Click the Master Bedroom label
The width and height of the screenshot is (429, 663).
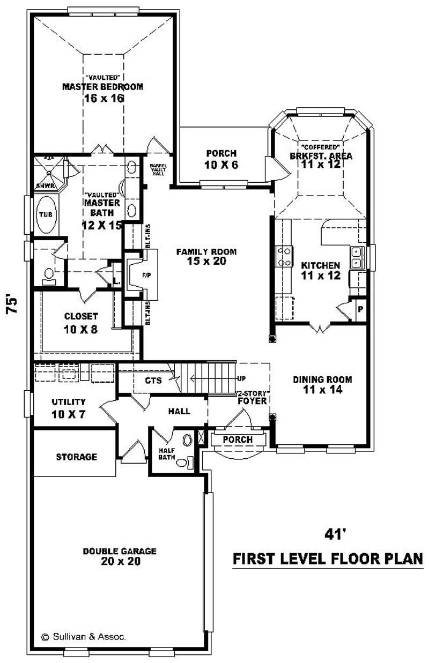pyautogui.click(x=102, y=87)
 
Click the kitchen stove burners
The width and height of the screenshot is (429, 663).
pyautogui.click(x=284, y=256)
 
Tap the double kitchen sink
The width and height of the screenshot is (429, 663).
pyautogui.click(x=357, y=257)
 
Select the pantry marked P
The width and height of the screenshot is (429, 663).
pyautogui.click(x=360, y=310)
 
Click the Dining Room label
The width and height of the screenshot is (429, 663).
pyautogui.click(x=322, y=379)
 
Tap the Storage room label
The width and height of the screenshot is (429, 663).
pyautogui.click(x=77, y=457)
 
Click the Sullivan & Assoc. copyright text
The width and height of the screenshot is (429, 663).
pyautogui.click(x=84, y=637)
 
